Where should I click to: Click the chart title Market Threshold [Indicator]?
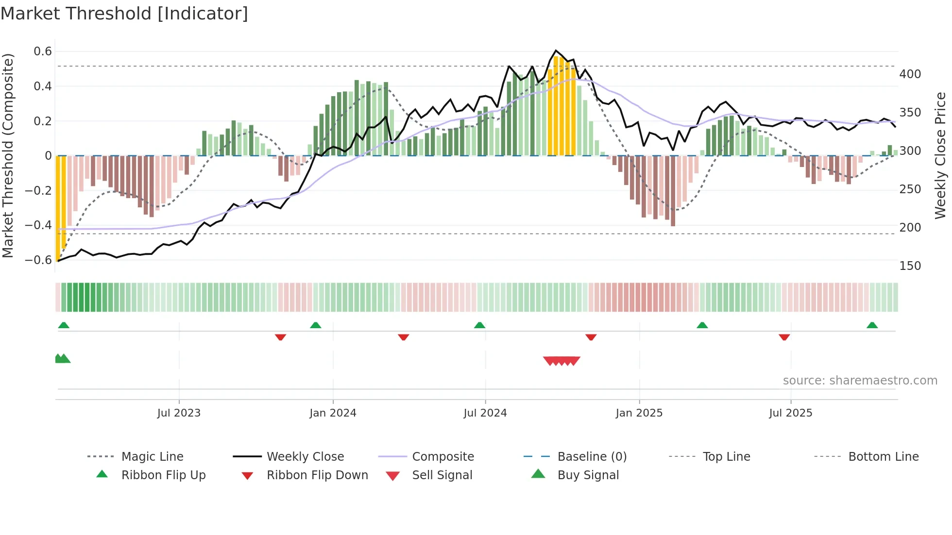tap(124, 14)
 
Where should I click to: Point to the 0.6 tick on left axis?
tap(43, 51)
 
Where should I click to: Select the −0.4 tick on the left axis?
tap(39, 225)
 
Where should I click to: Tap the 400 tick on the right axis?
tap(910, 74)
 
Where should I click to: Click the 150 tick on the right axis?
tap(910, 266)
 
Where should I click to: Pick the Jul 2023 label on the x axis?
tap(179, 413)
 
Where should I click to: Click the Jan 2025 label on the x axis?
tap(639, 413)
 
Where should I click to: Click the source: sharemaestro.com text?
tap(860, 381)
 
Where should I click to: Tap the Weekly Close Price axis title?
tap(940, 155)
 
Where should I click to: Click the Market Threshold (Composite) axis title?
tap(8, 155)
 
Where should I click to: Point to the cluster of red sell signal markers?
tap(561, 361)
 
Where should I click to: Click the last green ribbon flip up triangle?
tap(872, 325)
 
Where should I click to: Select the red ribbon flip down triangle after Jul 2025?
tap(784, 337)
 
